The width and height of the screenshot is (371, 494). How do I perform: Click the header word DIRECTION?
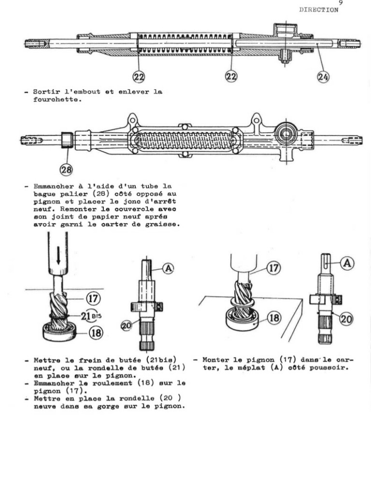319,10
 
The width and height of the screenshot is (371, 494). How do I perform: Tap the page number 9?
341,3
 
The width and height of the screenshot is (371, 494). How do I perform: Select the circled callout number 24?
323,76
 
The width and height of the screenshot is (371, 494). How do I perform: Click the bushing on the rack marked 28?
66,140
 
